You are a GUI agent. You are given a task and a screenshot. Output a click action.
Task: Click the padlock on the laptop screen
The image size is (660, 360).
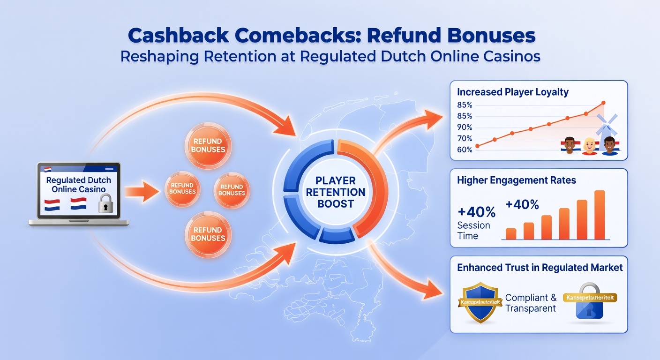(106, 205)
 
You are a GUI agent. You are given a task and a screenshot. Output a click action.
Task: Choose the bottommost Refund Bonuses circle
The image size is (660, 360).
(208, 233)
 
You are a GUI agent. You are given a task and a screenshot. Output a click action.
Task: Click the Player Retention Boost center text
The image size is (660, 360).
(335, 192)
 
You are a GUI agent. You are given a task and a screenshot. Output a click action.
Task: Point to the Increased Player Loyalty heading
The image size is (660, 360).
(513, 92)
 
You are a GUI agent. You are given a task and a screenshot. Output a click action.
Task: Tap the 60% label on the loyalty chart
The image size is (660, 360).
(465, 150)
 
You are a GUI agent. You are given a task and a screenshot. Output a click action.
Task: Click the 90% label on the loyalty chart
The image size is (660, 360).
(465, 127)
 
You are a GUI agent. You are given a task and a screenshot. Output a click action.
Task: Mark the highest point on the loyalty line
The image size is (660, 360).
(603, 103)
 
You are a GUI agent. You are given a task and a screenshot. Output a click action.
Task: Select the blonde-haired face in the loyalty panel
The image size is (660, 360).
(589, 146)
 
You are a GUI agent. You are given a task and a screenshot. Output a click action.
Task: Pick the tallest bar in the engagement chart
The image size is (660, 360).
(599, 215)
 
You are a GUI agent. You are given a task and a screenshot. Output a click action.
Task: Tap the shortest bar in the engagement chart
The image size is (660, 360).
(511, 233)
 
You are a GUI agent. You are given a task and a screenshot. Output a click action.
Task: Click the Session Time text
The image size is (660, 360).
(473, 230)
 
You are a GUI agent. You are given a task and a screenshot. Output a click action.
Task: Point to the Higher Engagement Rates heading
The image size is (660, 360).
(516, 180)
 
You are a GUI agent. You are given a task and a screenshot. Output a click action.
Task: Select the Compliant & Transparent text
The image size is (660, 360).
(531, 303)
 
